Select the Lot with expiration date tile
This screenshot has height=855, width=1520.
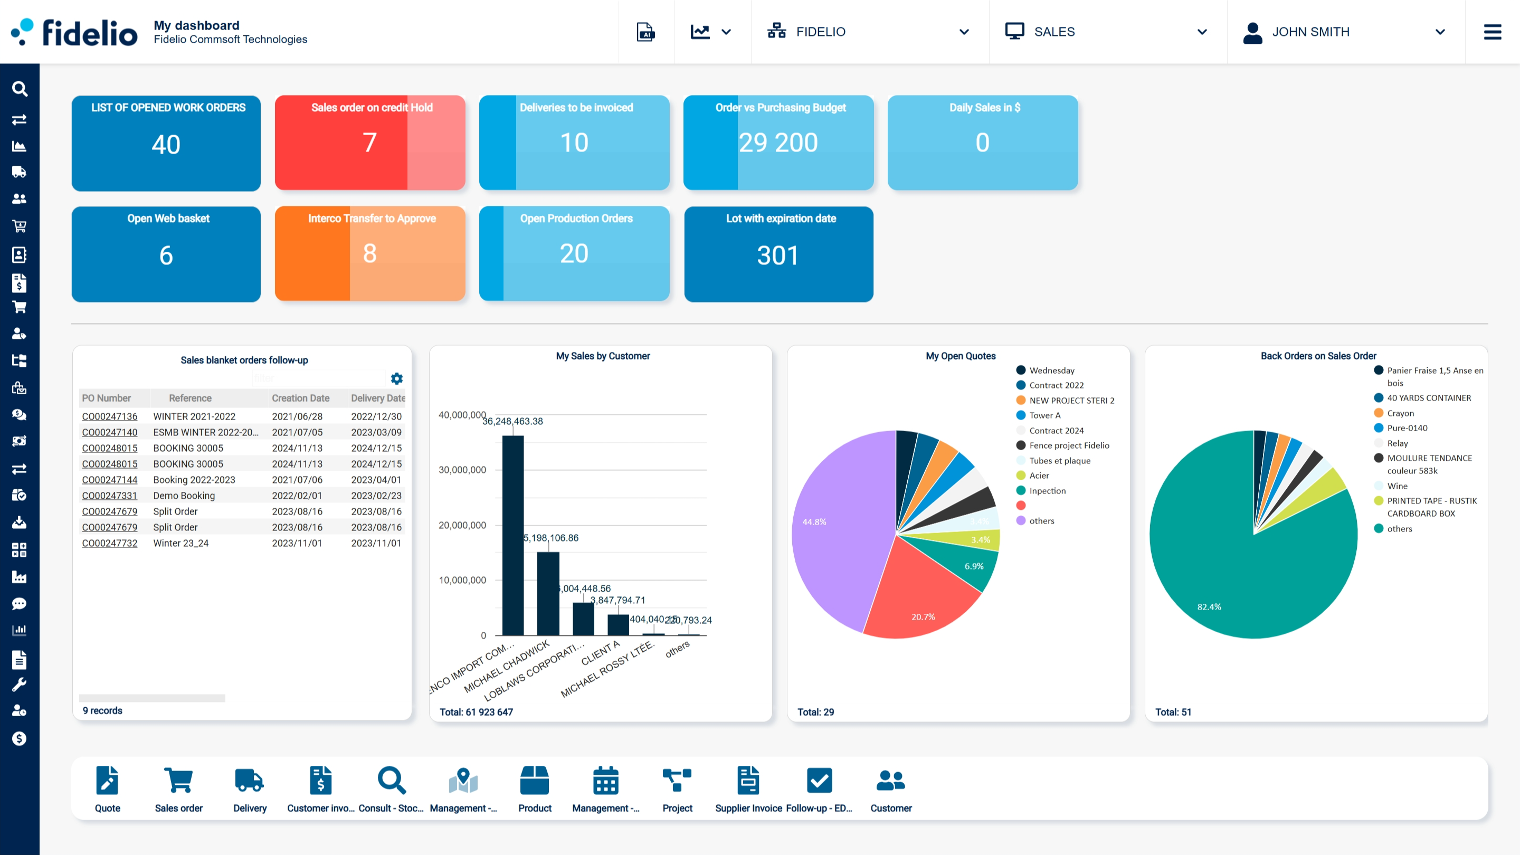pos(778,254)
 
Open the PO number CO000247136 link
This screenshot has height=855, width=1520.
pos(110,416)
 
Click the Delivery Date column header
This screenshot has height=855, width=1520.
pos(378,398)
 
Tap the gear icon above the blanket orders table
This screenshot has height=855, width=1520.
pos(397,378)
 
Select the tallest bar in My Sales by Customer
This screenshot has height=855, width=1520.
pos(513,535)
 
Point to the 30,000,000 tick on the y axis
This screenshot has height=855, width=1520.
pos(462,470)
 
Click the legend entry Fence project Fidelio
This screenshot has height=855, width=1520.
pos(1069,445)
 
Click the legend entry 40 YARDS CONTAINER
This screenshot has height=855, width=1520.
pos(1429,398)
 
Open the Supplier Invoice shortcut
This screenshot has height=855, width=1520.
pos(748,788)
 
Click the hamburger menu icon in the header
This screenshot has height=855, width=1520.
pos(1492,32)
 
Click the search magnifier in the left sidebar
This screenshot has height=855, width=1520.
pos(20,89)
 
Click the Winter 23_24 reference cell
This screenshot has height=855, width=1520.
pos(180,543)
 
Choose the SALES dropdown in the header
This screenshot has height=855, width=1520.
pos(1106,32)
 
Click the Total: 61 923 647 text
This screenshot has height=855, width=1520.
pos(476,711)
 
